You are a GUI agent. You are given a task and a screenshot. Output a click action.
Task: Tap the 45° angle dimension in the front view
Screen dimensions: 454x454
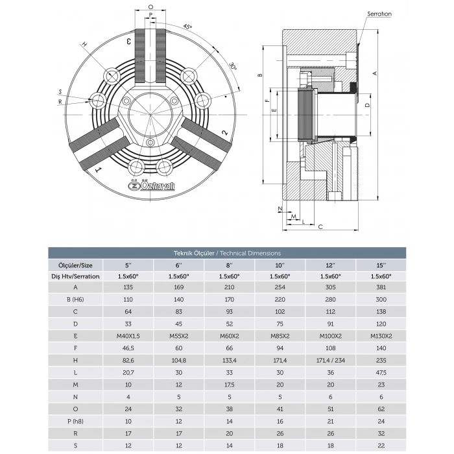[x=188, y=27]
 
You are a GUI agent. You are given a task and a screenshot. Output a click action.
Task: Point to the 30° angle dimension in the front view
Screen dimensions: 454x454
[x=232, y=67]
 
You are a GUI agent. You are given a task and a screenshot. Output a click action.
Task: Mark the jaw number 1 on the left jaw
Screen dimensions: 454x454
[x=98, y=170]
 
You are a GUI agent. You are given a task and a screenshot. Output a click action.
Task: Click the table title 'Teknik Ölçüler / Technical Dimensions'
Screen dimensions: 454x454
[x=227, y=254]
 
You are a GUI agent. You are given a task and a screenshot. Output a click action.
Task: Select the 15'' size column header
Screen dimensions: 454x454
[x=380, y=265]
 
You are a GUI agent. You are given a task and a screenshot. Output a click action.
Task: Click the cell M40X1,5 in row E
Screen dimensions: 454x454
[x=127, y=337]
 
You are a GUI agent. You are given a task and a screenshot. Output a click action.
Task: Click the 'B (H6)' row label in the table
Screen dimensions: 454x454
[x=76, y=300]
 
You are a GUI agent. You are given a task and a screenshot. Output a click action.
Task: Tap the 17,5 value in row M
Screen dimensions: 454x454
[x=228, y=385]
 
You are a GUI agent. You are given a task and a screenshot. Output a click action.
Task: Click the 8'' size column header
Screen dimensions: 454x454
[x=228, y=265]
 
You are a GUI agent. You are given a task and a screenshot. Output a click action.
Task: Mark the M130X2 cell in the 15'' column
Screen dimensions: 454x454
[x=380, y=337]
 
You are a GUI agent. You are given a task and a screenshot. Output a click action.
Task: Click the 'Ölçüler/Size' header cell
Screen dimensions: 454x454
[x=76, y=265]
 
